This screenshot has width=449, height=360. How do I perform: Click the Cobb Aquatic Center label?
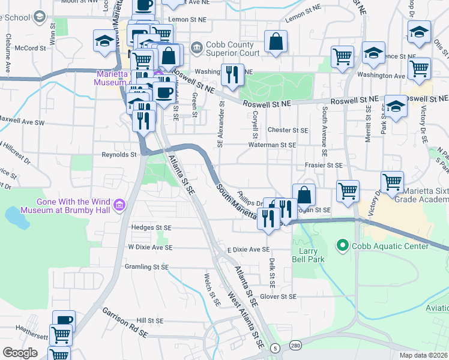click(391, 246)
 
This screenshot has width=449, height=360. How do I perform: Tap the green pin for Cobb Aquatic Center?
click(343, 245)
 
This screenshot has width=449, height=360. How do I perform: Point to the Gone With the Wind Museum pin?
click(119, 206)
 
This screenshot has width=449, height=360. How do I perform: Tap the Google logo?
click(20, 353)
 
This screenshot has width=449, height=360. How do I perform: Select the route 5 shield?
click(274, 348)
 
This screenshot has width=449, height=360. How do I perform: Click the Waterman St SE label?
click(273, 145)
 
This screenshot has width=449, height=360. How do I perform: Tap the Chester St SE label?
click(288, 130)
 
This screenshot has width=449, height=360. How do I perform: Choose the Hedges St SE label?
click(151, 228)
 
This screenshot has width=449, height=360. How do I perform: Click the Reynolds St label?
click(119, 154)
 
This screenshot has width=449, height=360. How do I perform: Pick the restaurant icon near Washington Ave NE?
click(232, 75)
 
